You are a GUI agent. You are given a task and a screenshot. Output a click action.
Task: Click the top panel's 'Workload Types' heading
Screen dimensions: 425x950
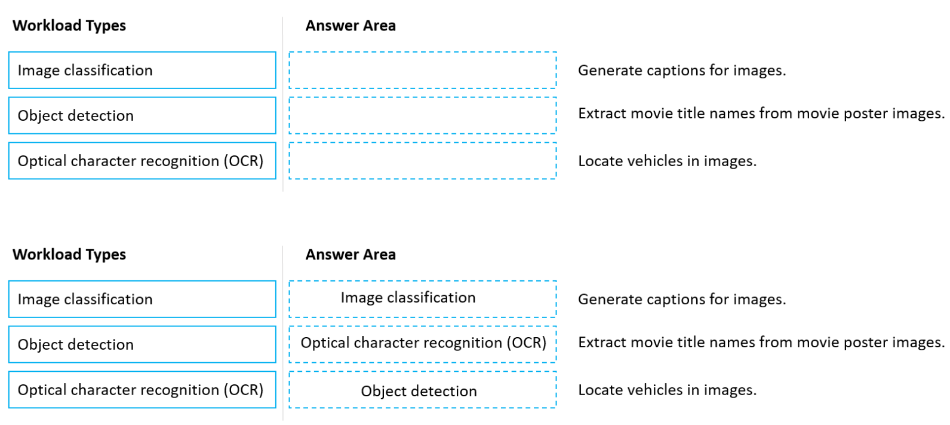pyautogui.click(x=69, y=26)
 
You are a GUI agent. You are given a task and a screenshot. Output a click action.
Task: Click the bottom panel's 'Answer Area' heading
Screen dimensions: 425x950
pyautogui.click(x=351, y=255)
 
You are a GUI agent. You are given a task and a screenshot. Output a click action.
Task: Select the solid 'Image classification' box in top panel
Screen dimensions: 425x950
pyautogui.click(x=142, y=71)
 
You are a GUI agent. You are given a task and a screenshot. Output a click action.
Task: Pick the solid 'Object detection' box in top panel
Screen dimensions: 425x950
pyautogui.click(x=142, y=115)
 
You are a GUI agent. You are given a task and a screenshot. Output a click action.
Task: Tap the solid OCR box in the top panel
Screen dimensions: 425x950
pyautogui.click(x=142, y=161)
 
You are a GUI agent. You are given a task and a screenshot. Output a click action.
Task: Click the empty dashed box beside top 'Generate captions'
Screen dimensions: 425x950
pyautogui.click(x=422, y=71)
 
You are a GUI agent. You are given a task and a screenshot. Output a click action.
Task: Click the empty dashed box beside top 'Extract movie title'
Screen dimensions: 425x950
pyautogui.click(x=422, y=115)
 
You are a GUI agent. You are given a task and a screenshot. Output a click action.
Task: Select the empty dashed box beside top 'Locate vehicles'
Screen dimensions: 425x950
pyautogui.click(x=422, y=161)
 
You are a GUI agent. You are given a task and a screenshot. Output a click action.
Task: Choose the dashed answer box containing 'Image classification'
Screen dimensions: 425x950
pyautogui.click(x=422, y=298)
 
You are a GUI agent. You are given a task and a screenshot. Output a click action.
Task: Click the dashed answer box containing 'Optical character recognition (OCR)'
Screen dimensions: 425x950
pyautogui.click(x=422, y=344)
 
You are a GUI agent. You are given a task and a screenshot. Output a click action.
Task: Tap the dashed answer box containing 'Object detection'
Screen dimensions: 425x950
pyautogui.click(x=422, y=390)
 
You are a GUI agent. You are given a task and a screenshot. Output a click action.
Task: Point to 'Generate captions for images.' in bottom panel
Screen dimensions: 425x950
pyautogui.click(x=681, y=299)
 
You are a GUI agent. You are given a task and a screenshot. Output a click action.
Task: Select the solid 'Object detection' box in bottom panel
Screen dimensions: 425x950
pyautogui.click(x=142, y=344)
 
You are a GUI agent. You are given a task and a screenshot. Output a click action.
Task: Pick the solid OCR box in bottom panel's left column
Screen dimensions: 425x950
pyautogui.click(x=142, y=390)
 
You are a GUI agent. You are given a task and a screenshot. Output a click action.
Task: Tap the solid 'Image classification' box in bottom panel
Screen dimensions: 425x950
pyautogui.click(x=142, y=299)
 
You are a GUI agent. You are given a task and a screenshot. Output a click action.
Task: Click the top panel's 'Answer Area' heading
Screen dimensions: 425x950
pyautogui.click(x=351, y=26)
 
